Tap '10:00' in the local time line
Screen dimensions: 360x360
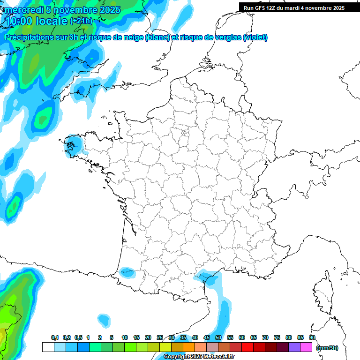pyautogui.click(x=20, y=21)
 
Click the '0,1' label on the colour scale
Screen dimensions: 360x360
pyautogui.click(x=55, y=338)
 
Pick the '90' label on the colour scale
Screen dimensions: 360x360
pyautogui.click(x=312, y=338)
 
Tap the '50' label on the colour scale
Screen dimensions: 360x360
pyautogui.click(x=218, y=338)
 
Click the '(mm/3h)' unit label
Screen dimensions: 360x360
pyautogui.click(x=327, y=347)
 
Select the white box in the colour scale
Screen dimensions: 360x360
pyautogui.click(x=48, y=347)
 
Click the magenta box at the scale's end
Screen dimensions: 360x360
pyautogui.click(x=306, y=347)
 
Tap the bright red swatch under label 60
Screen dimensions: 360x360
pyautogui.click(x=247, y=347)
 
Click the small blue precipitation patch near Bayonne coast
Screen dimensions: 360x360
pyautogui.click(x=127, y=271)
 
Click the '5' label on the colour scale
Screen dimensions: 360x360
pyautogui.click(x=112, y=338)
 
